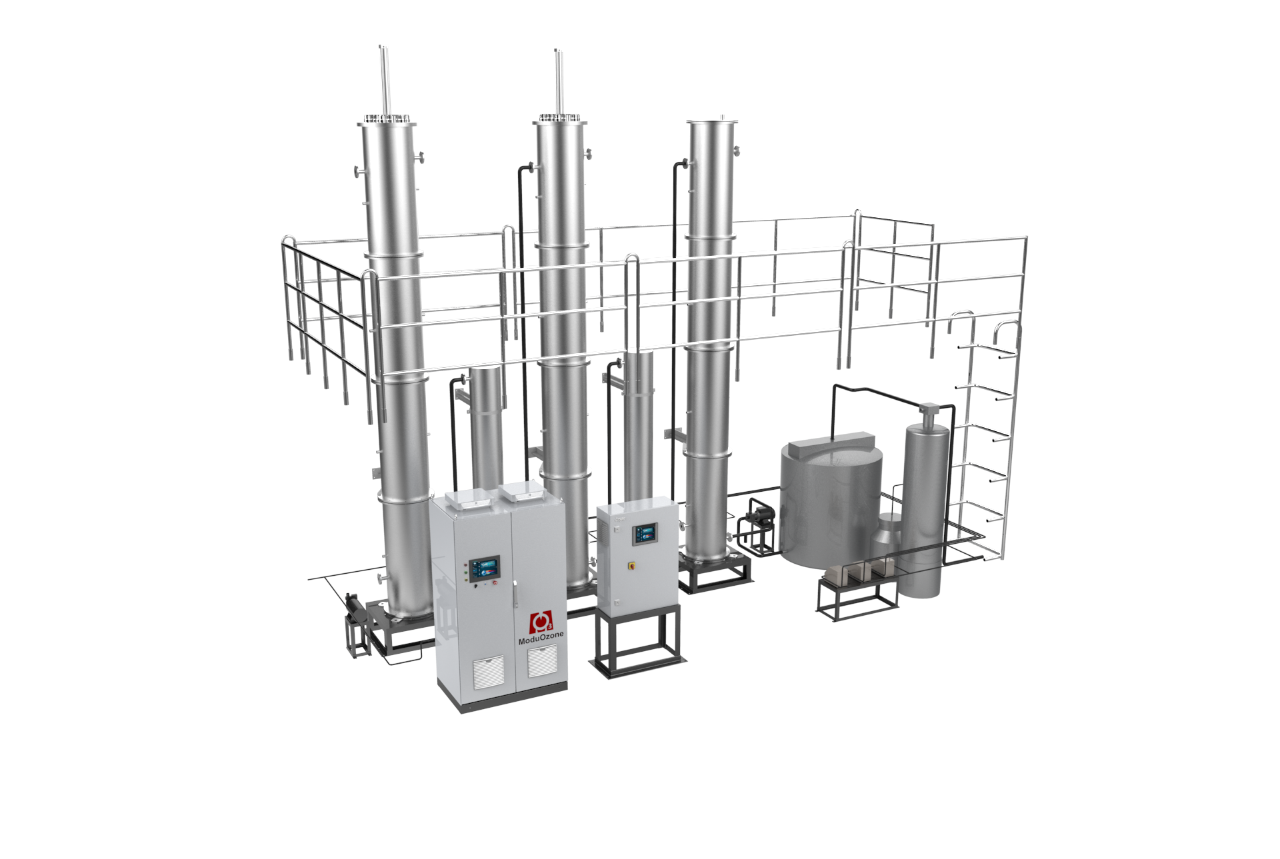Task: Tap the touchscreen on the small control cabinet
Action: coord(645,533)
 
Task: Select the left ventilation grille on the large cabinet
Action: coord(489,672)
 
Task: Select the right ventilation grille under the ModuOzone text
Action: coord(541,661)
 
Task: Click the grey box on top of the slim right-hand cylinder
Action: coord(927,408)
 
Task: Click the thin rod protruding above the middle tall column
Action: coord(557,80)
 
